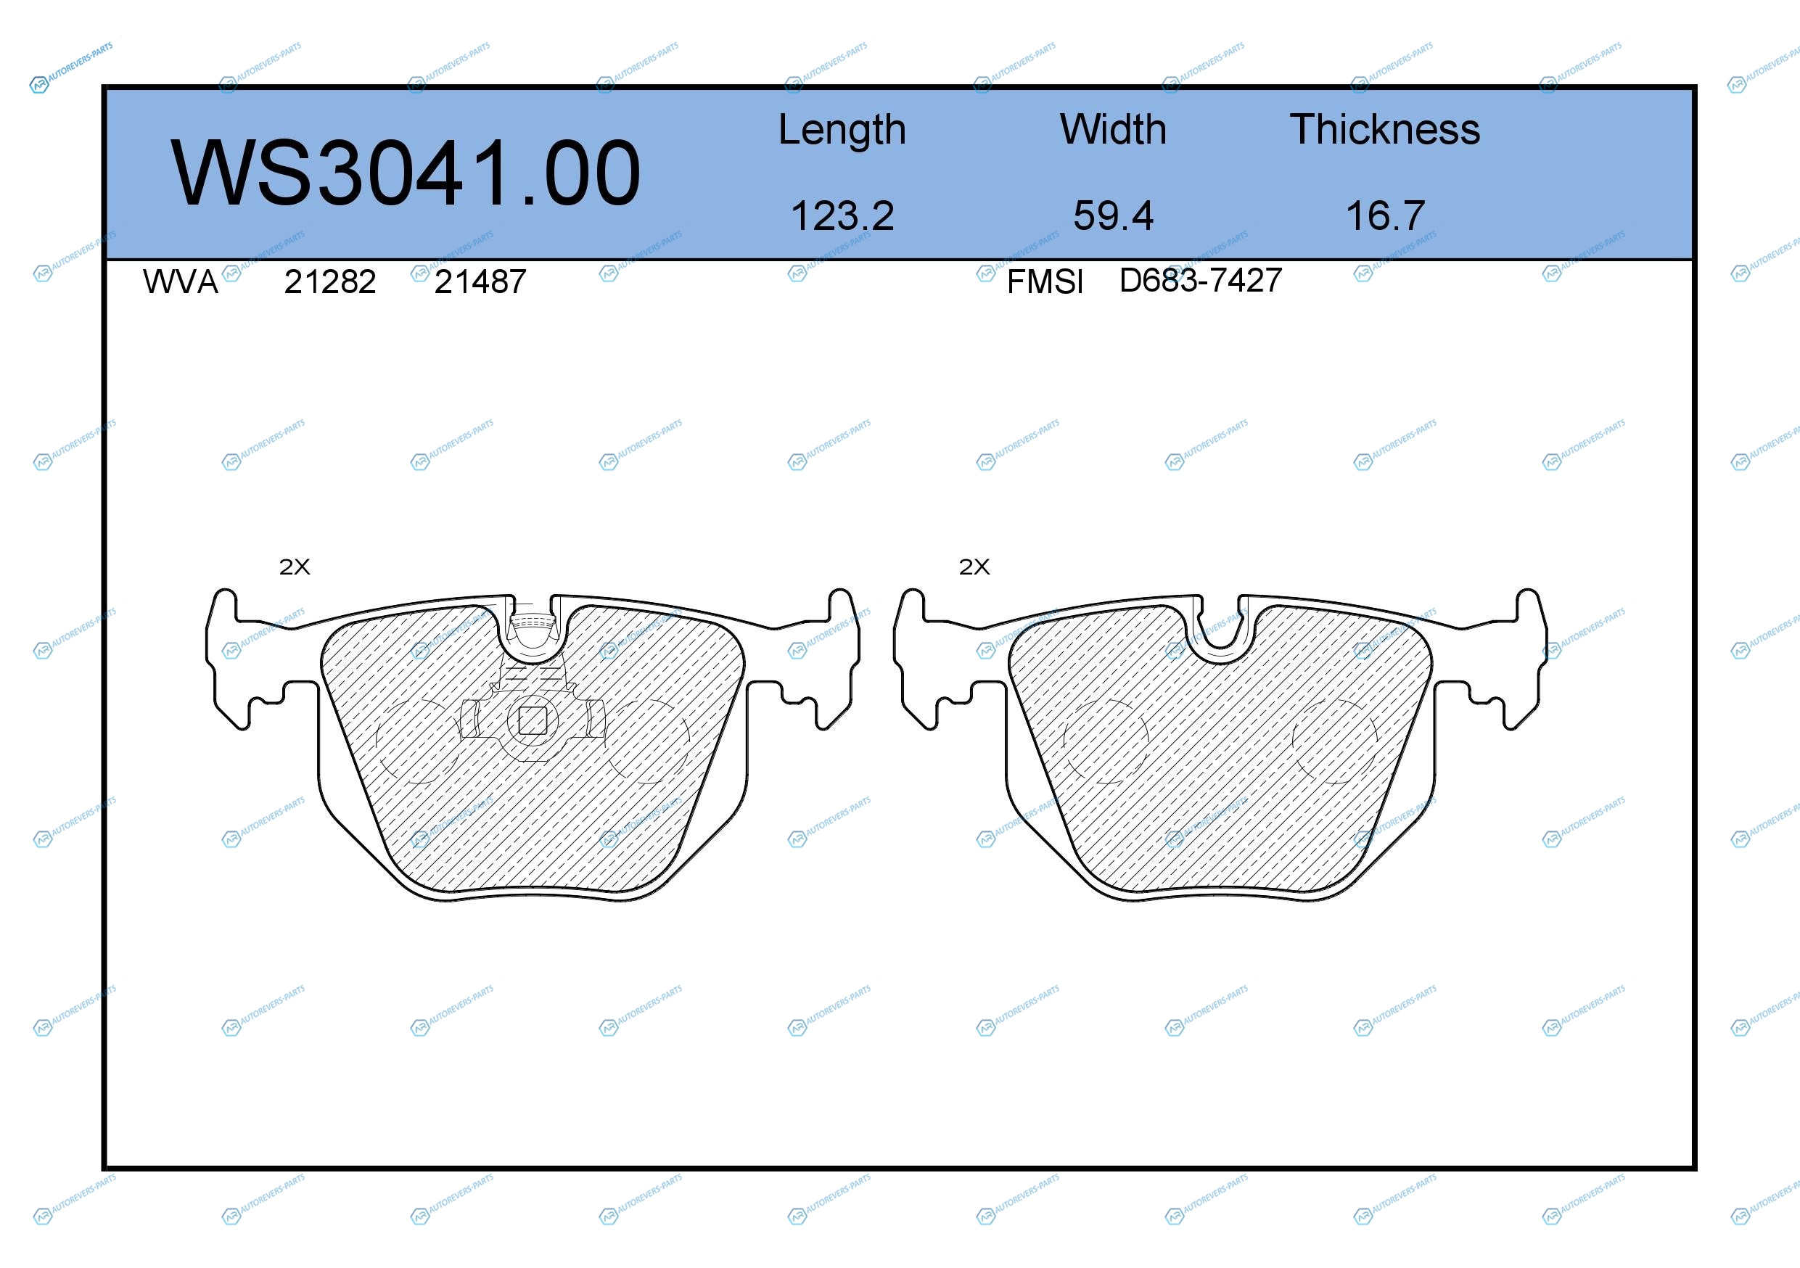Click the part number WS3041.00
tap(406, 173)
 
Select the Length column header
tap(842, 130)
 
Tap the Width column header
tap(1113, 129)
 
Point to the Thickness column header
tap(1384, 129)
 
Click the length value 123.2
tap(842, 215)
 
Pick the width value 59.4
tap(1113, 215)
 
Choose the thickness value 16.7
tap(1384, 215)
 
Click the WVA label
tap(181, 282)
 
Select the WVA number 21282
tap(330, 282)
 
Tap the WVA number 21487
tap(480, 282)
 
